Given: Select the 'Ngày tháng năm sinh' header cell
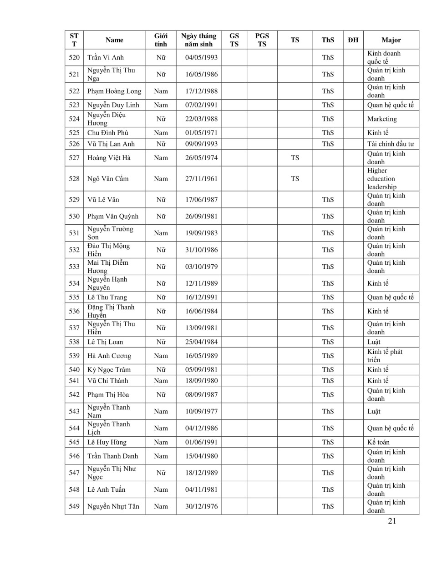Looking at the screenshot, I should [x=199, y=40].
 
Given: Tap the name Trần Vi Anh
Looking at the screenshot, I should [x=106, y=57].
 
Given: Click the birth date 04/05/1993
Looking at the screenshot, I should [x=201, y=57].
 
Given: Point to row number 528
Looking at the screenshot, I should [x=74, y=179].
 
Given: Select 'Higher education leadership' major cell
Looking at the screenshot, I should [x=381, y=179].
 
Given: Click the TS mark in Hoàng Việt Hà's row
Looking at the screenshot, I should [x=295, y=158].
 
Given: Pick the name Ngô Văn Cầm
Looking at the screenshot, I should [x=108, y=179].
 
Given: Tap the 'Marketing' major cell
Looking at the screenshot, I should [x=382, y=119].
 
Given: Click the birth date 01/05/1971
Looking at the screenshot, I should [x=201, y=133].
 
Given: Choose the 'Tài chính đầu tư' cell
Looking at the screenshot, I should [x=391, y=144].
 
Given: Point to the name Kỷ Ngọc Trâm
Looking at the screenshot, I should [x=109, y=370].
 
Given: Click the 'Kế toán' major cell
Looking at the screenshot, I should [x=378, y=442].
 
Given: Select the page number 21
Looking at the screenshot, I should [x=392, y=521].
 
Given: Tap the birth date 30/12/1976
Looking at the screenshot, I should [x=201, y=506].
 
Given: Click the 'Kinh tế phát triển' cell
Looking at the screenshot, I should [x=385, y=356].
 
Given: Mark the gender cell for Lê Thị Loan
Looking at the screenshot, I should [x=161, y=342].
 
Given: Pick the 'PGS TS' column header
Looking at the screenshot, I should [x=262, y=40].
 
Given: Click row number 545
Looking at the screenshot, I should [x=74, y=442].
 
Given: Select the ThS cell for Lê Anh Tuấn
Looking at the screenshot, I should [x=328, y=489].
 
